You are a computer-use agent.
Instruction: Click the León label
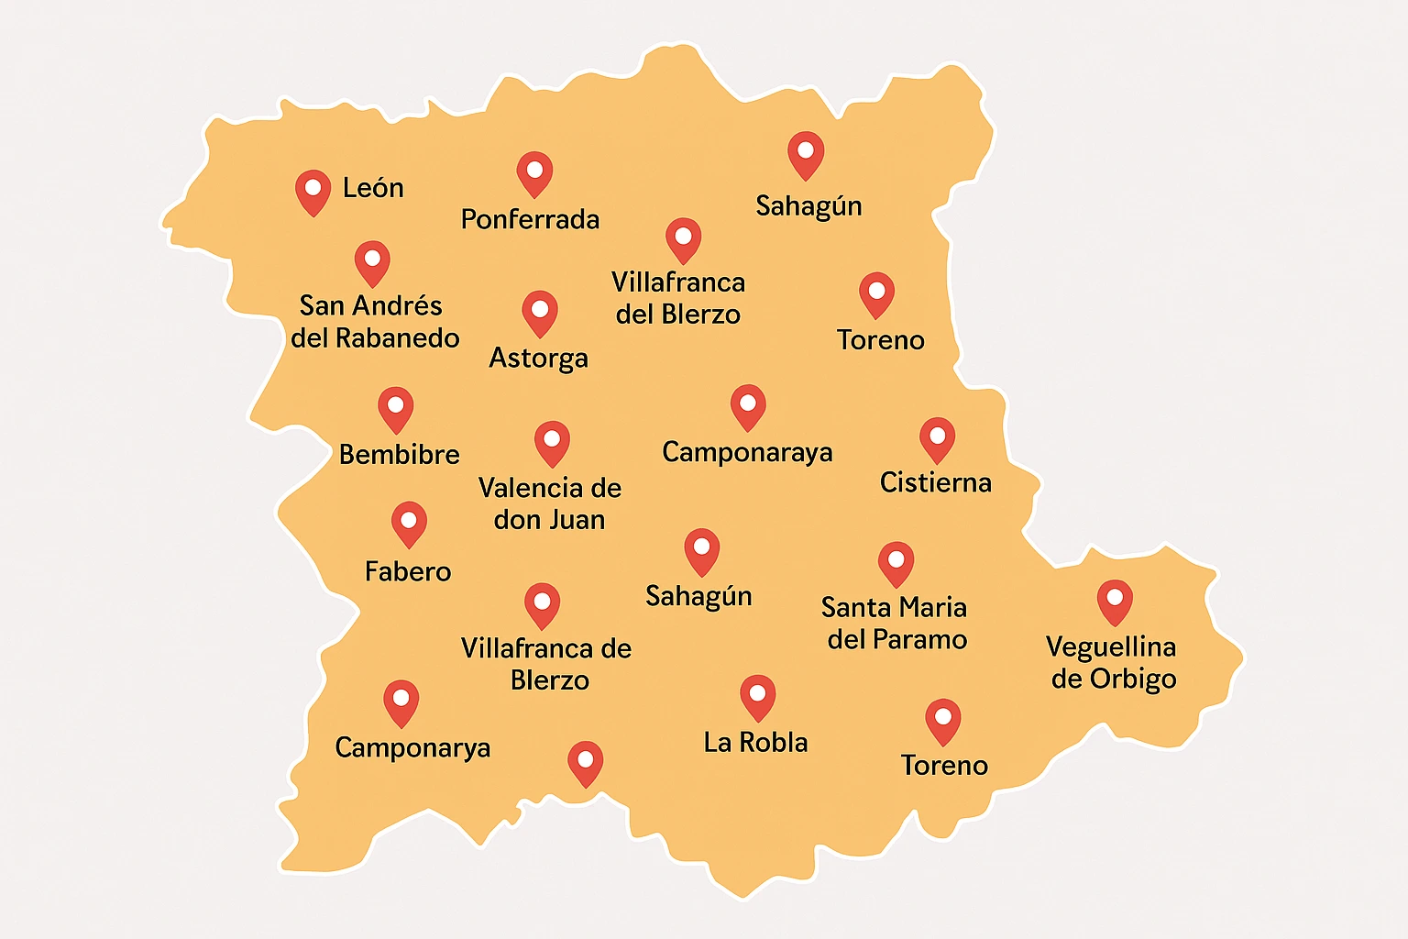tap(373, 188)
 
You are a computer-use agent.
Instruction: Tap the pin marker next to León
tap(313, 190)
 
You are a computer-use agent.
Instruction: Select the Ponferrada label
tap(530, 220)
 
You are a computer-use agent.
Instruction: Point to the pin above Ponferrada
tap(534, 172)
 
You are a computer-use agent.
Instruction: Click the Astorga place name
tap(538, 358)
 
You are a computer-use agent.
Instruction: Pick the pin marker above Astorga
tap(540, 312)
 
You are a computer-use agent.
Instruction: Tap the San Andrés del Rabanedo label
tap(375, 322)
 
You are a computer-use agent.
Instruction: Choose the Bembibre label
tap(400, 455)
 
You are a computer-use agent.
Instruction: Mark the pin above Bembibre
tap(396, 407)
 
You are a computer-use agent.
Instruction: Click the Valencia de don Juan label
tap(550, 503)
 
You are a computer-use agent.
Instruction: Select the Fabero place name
tap(408, 572)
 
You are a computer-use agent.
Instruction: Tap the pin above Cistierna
tap(937, 438)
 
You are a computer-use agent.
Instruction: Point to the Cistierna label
tap(936, 483)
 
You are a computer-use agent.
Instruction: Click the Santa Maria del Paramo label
tap(896, 624)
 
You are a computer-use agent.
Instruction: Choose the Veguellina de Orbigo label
tap(1112, 663)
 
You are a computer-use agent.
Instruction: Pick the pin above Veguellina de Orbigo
tap(1115, 601)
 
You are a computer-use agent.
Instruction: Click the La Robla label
tap(755, 743)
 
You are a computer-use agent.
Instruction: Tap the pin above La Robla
tap(758, 696)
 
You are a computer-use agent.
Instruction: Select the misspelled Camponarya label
tap(412, 748)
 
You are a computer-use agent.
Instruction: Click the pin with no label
tap(586, 762)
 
